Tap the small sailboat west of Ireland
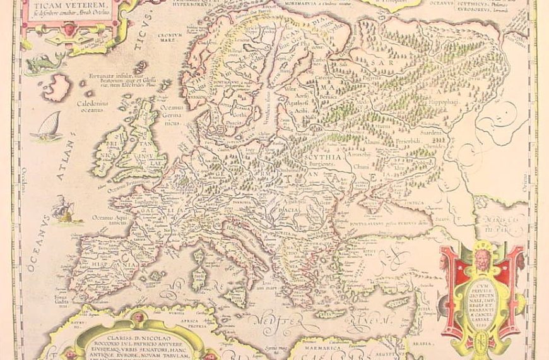pos(50,127)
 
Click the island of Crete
pos(328,313)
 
